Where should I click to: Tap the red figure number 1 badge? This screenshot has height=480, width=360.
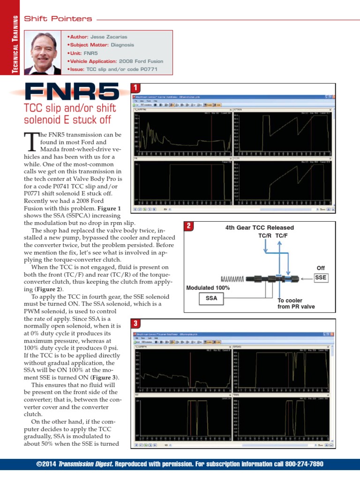point(135,88)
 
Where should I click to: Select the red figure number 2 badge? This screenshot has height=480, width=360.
point(188,226)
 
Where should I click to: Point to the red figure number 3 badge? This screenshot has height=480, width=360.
point(135,323)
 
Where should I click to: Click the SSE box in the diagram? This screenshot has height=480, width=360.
point(321,277)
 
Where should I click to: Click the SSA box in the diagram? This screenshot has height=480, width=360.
point(211,298)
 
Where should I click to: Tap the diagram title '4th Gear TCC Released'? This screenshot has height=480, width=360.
point(259,228)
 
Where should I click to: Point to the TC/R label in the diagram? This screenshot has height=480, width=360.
point(266,236)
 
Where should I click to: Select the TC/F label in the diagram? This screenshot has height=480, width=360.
point(282,236)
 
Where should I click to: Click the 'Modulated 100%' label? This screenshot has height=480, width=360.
point(208,287)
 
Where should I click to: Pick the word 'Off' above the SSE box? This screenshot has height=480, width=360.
point(321,268)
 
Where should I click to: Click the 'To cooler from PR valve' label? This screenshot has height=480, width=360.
point(296,303)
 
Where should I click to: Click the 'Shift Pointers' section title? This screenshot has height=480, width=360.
point(58,19)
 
